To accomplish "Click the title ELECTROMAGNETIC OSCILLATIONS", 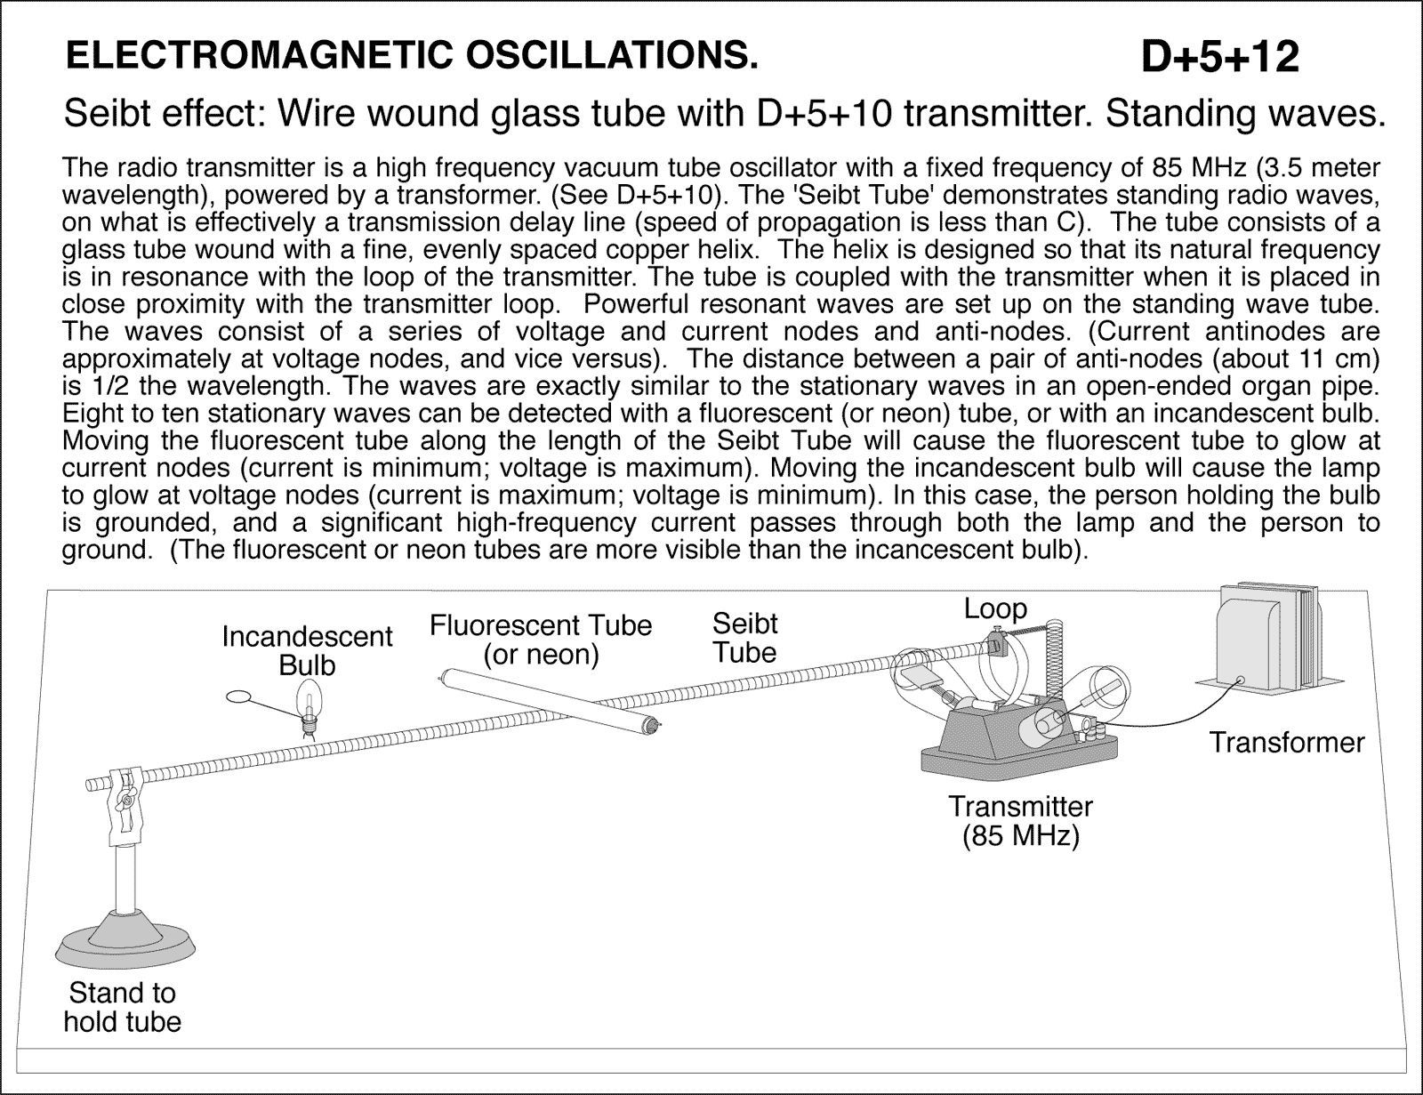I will click(413, 57).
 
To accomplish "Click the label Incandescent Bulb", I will click(307, 650).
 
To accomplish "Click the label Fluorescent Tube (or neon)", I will click(541, 640).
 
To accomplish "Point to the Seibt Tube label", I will click(744, 638).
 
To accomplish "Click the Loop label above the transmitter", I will click(995, 609).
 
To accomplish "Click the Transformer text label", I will click(1286, 743).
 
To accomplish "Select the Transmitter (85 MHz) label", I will click(1020, 821).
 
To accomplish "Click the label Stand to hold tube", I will click(122, 1006).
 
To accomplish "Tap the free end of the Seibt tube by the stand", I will click(92, 785).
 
